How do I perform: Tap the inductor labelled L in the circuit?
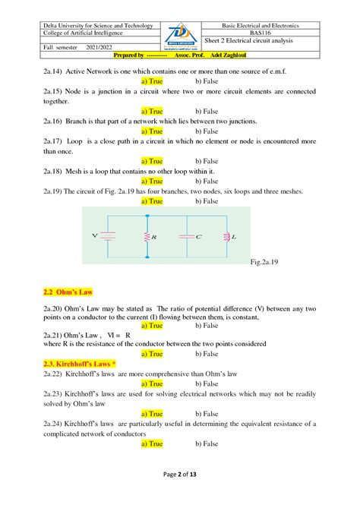227,237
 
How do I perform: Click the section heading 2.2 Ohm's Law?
68,292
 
